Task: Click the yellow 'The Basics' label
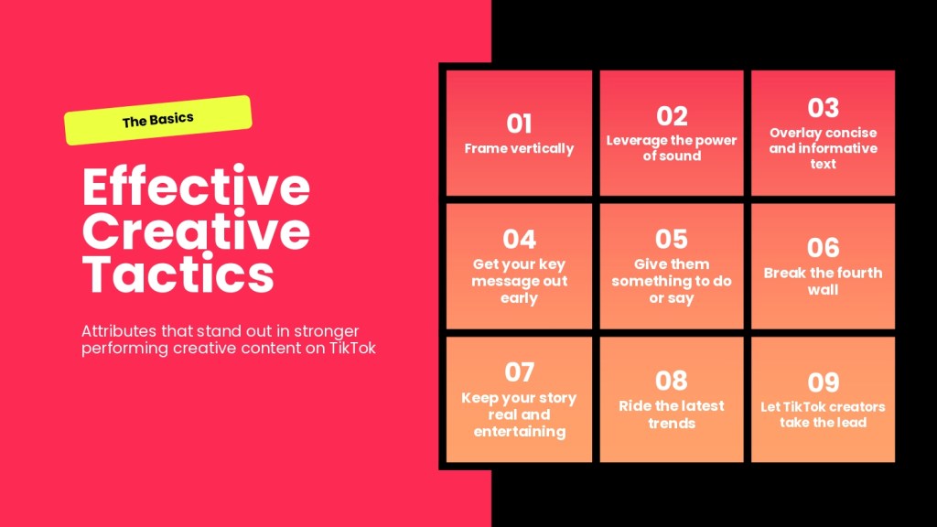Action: (x=157, y=120)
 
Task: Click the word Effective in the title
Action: (x=196, y=187)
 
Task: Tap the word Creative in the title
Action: (x=196, y=231)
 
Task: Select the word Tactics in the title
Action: (x=178, y=274)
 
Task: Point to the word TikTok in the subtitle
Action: (x=352, y=348)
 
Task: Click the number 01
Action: (x=519, y=124)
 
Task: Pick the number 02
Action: (x=672, y=116)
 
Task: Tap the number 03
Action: (x=823, y=108)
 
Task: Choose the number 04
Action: (x=519, y=240)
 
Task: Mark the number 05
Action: (x=672, y=239)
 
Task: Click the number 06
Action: (x=823, y=247)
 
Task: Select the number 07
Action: (x=519, y=372)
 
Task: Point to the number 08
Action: (x=672, y=381)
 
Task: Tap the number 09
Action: (x=823, y=382)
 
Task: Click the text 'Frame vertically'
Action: (x=519, y=148)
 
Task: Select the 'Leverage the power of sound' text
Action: (x=672, y=148)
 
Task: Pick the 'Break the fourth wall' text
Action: (x=823, y=282)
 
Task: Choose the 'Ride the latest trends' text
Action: (x=672, y=414)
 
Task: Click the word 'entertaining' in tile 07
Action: (x=520, y=432)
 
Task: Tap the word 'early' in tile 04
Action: (x=519, y=298)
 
